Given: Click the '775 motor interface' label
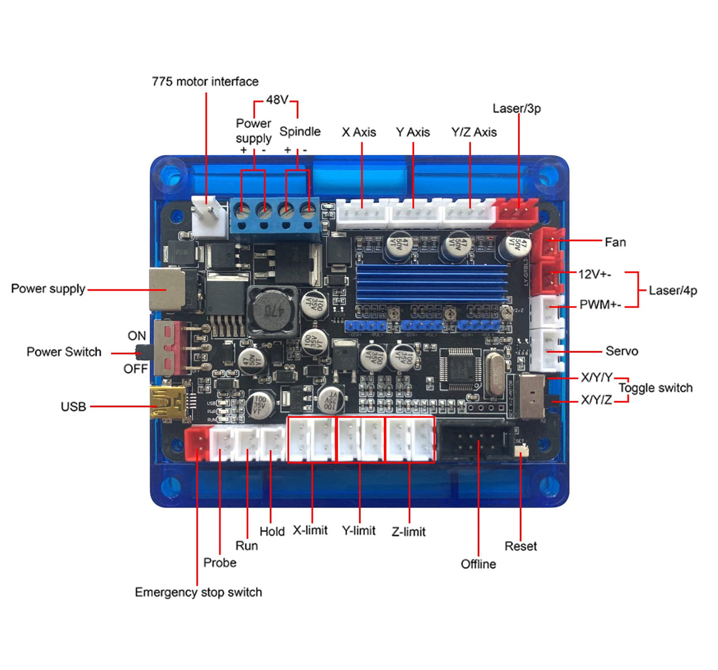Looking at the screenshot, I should click(205, 82).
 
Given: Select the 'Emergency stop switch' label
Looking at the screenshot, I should click(198, 592).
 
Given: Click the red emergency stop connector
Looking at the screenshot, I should click(196, 443).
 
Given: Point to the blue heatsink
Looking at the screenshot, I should click(432, 283).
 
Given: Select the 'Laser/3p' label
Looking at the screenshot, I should click(516, 108).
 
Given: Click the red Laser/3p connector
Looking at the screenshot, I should click(517, 212).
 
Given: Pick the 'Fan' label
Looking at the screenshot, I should click(615, 242).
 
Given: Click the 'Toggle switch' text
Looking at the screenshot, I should click(655, 388).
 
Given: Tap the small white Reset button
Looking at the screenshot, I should click(520, 451).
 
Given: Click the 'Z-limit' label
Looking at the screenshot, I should click(409, 532).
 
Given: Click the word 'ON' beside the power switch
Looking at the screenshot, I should click(137, 336).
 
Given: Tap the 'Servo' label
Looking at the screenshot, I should click(622, 351).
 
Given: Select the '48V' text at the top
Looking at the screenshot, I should click(277, 100).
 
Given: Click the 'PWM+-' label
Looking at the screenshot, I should click(600, 305).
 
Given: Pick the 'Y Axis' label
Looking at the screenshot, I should click(413, 132).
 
